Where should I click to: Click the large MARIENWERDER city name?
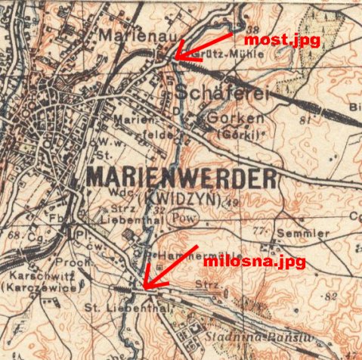pyautogui.click(x=182, y=178)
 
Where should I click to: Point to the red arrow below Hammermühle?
pyautogui.click(x=171, y=266)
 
